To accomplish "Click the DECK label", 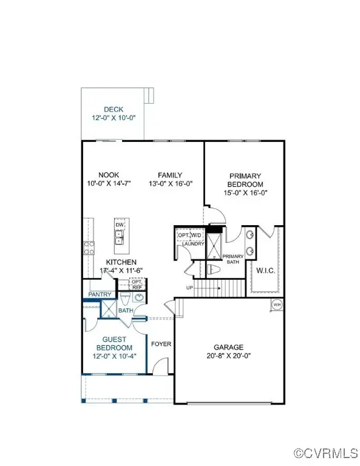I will [x=113, y=110].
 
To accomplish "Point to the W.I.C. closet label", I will [x=267, y=270].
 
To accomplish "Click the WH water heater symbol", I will [x=277, y=305].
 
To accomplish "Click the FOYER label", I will [x=161, y=344].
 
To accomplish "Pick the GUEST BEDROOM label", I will [x=114, y=343].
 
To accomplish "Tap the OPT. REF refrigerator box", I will [x=137, y=284].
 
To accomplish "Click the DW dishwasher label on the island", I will [x=120, y=224].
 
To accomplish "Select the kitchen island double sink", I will [x=120, y=237].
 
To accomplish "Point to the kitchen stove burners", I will [x=89, y=247].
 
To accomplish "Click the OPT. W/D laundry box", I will [x=189, y=235].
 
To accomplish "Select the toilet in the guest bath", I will [x=124, y=301].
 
